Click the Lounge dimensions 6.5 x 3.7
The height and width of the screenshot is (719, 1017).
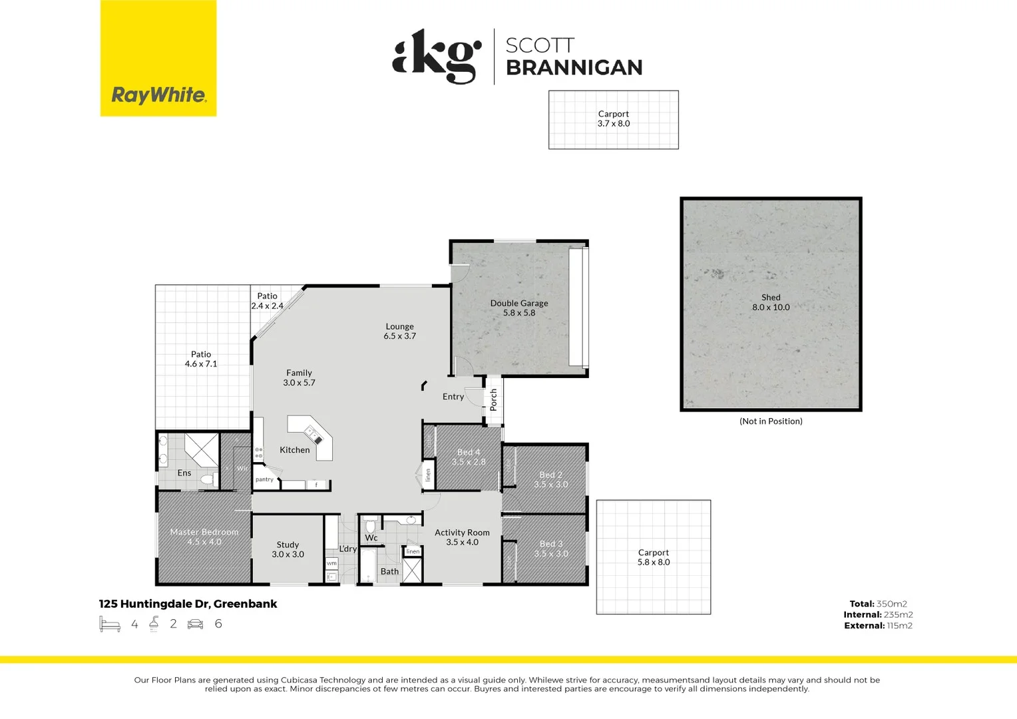[x=399, y=336]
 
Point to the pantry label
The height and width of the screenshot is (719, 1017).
[x=264, y=479]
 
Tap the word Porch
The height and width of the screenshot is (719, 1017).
[x=493, y=399]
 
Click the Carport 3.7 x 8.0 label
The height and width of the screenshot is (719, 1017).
[x=613, y=119]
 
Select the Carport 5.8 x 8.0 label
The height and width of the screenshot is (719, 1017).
[x=654, y=557]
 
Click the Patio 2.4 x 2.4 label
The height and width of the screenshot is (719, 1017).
[x=267, y=301]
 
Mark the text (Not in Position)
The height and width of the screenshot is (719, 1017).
[x=771, y=421]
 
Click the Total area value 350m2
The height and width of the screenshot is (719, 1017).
[x=891, y=604]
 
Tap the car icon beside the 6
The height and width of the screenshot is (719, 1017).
[x=195, y=624]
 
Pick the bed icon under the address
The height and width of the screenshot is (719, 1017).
[x=109, y=624]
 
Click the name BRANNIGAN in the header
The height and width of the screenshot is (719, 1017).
[x=574, y=67]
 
